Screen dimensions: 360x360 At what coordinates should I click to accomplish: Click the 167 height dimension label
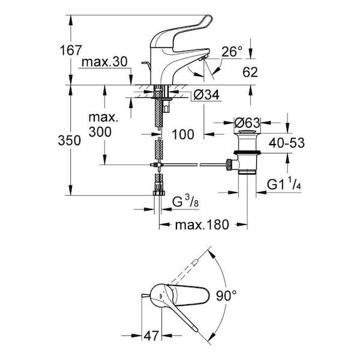(71, 50)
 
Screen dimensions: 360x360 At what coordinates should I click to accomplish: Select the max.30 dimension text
(104, 62)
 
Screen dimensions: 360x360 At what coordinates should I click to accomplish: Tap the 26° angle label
(232, 52)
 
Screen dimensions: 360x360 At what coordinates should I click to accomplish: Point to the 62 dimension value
(250, 72)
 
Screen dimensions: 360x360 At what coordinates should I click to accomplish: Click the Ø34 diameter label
(206, 95)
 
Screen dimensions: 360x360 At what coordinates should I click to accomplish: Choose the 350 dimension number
(70, 140)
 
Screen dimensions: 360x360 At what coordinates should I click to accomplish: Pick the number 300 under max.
(100, 132)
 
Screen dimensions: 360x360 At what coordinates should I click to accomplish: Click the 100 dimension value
(183, 134)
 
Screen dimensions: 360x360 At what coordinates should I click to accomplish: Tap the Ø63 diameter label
(247, 123)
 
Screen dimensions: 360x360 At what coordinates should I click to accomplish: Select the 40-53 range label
(287, 143)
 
